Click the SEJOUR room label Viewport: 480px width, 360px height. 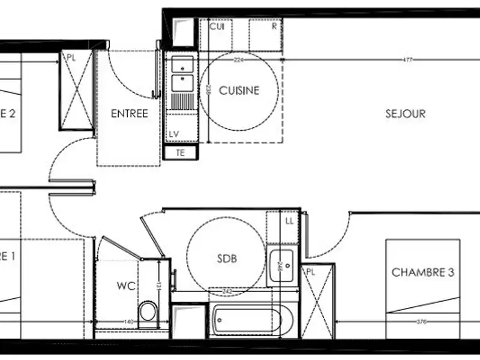pyautogui.click(x=406, y=113)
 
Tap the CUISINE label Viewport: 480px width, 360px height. pyautogui.click(x=239, y=91)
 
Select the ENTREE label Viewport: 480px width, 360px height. pyautogui.click(x=129, y=113)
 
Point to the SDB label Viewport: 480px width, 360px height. pyautogui.click(x=227, y=259)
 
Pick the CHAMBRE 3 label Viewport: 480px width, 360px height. pyautogui.click(x=423, y=272)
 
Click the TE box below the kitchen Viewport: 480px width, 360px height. pyautogui.click(x=179, y=152)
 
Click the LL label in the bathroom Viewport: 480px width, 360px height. pyautogui.click(x=289, y=221)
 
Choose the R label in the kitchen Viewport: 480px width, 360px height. pyautogui.click(x=274, y=26)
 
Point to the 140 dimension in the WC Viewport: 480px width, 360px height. pyautogui.click(x=128, y=322)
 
